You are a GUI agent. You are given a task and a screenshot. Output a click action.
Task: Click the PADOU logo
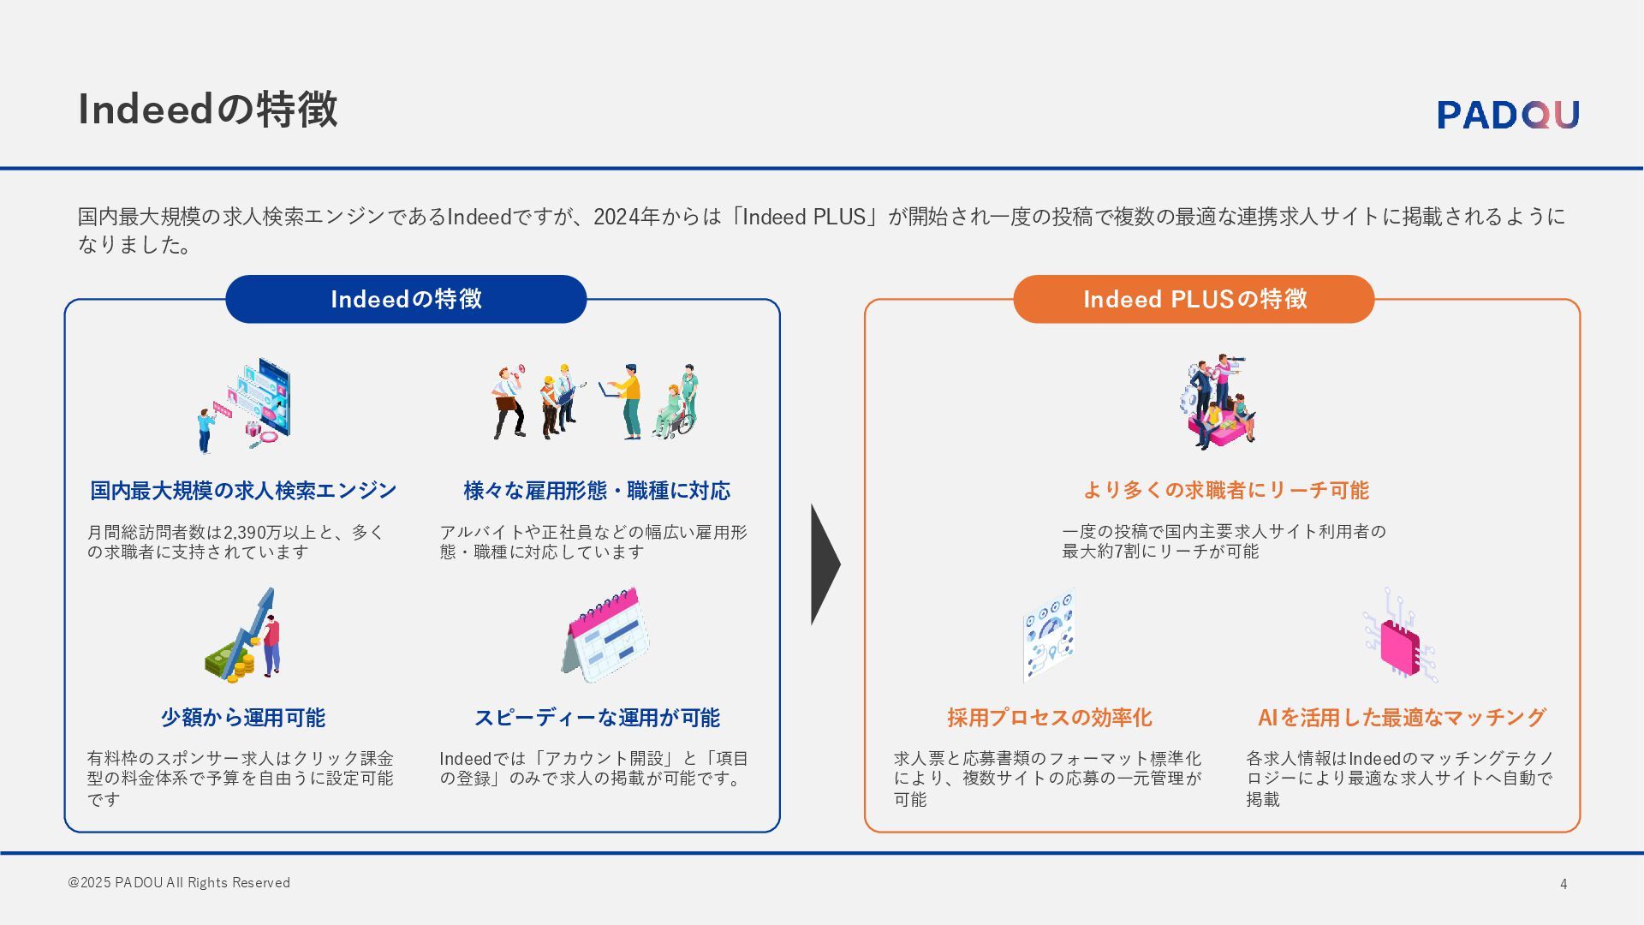click(1508, 115)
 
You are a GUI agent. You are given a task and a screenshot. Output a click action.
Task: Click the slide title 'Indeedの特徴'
click(208, 109)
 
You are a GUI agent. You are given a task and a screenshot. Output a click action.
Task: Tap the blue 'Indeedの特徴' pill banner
click(406, 299)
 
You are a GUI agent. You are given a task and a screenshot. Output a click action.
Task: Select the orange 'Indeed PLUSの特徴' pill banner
click(1194, 299)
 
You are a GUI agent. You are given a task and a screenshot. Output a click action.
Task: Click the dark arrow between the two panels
click(824, 564)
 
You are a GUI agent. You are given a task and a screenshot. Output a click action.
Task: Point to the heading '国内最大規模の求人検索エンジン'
click(243, 491)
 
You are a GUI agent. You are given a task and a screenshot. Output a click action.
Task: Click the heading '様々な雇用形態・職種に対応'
click(597, 491)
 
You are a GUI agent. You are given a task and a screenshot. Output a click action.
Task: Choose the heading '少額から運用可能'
click(243, 718)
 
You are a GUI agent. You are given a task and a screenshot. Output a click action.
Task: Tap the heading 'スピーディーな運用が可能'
click(597, 718)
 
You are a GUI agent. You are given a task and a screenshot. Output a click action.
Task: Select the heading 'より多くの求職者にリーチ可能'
click(1225, 491)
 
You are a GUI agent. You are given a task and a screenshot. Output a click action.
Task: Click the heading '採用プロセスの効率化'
click(1049, 718)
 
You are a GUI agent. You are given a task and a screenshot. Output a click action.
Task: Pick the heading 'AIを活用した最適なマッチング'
click(1401, 718)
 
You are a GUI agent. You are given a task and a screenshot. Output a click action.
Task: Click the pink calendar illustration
click(606, 635)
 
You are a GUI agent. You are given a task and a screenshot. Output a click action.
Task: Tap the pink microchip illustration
click(1401, 638)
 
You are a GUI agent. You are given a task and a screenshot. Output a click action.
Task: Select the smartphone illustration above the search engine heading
click(265, 397)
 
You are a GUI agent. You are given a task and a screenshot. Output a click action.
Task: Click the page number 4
click(1564, 884)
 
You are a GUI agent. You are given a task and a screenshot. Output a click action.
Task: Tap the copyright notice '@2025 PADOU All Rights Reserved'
click(179, 882)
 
